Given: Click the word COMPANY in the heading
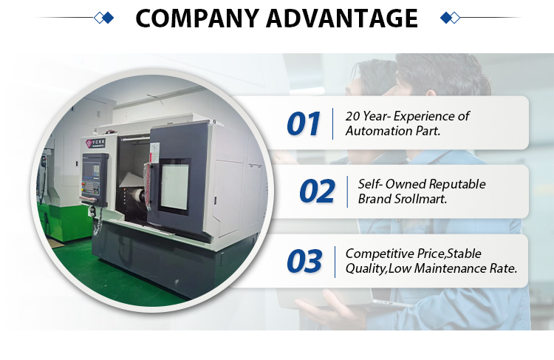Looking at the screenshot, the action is tap(197, 18).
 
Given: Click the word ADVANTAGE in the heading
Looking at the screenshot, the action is tap(342, 18).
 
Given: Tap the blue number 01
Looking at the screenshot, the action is tap(304, 123).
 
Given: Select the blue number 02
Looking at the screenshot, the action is tap(317, 191).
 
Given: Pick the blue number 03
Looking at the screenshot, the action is tap(304, 261).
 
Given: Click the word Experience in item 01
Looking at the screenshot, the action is tap(425, 116).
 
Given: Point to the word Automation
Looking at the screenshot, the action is tap(379, 131).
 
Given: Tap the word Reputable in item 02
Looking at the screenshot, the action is tap(457, 184).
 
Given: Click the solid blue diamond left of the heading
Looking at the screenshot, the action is tap(109, 18).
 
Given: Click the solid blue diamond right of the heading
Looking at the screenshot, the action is tap(446, 18).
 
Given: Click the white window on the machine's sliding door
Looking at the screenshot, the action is tap(175, 187).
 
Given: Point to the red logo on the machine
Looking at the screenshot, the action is tap(89, 143).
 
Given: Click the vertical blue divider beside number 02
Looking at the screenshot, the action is tap(347, 191).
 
